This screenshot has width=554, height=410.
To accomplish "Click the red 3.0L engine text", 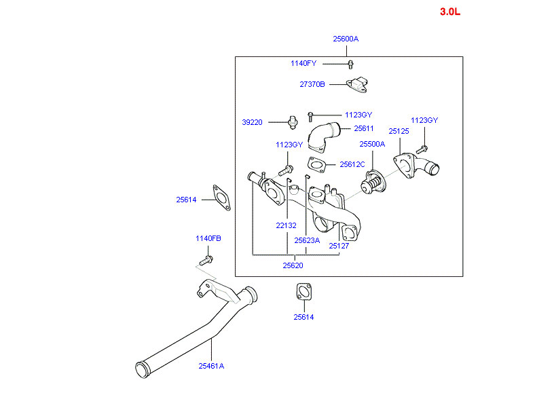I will [450, 12].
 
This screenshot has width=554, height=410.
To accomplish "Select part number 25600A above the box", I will [346, 39].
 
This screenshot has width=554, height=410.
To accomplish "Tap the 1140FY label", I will [303, 63].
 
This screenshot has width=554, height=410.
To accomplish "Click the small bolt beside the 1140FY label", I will [350, 64].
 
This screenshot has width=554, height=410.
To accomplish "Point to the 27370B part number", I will [312, 84].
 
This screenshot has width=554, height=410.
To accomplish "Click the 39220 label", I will [252, 122].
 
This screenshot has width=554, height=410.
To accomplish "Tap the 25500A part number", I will [372, 144].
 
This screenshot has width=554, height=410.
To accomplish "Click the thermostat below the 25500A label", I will [373, 182].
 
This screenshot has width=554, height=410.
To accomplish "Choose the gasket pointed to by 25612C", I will [316, 164].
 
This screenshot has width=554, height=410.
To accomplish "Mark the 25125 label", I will [399, 131].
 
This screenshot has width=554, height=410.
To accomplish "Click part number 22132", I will [286, 225].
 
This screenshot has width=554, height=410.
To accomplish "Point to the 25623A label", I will [307, 240].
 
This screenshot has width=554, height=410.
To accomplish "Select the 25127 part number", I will [339, 246].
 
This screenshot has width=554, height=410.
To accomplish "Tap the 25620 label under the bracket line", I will [293, 265].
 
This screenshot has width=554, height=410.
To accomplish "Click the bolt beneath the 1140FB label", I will [206, 260].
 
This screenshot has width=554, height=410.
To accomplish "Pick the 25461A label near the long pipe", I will [211, 366].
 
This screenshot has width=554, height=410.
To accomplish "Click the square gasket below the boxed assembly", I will [303, 292].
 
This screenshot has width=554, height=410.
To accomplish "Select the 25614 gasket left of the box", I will [220, 197].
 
